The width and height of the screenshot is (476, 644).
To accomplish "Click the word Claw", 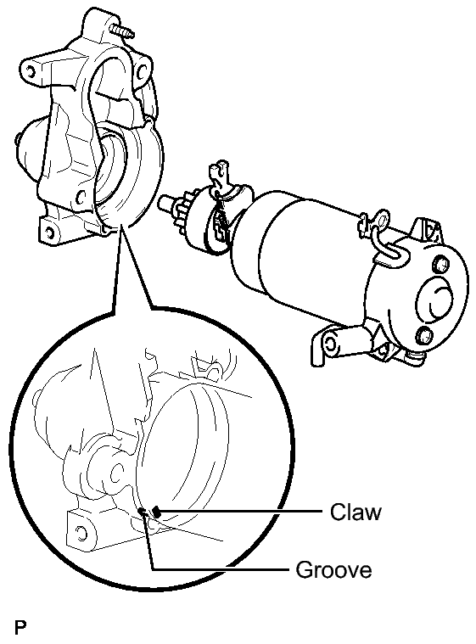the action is (356, 512).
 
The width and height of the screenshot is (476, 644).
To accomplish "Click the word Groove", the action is (333, 570).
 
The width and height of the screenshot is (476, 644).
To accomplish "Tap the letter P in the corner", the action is (20, 628).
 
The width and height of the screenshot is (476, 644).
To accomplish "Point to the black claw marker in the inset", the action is (156, 512).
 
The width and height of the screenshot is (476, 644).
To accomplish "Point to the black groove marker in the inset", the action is (142, 512).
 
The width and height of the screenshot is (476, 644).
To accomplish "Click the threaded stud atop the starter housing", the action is (122, 31).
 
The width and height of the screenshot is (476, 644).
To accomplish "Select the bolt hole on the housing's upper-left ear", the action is (29, 72).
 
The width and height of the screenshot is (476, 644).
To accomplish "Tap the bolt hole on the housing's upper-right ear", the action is (142, 72).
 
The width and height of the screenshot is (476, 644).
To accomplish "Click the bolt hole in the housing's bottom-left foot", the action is (49, 232).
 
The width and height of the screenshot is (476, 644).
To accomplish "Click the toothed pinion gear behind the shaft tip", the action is (183, 208).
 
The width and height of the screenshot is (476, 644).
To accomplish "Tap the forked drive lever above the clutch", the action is (219, 174).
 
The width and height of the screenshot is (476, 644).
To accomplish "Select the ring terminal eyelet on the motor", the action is (384, 219).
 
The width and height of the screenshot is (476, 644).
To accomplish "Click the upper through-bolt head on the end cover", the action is (440, 265).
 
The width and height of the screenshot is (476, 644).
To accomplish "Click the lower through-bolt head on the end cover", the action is (424, 335).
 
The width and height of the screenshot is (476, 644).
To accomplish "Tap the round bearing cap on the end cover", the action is (436, 302).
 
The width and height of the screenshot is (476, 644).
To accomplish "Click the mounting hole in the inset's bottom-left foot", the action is (81, 532).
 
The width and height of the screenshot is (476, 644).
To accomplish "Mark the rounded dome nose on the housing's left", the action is (27, 146).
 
